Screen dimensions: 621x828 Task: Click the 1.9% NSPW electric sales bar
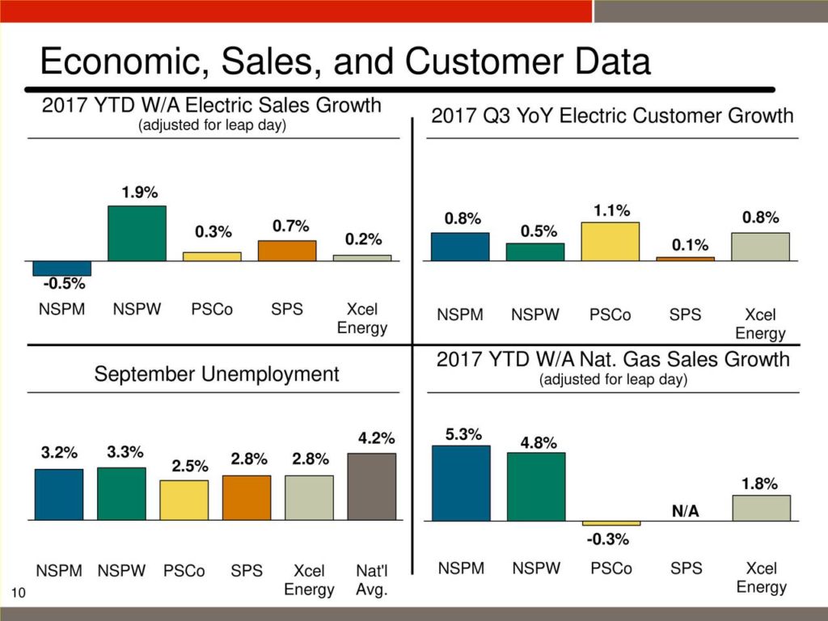[137, 233]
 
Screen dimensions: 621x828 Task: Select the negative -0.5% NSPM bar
[61, 268]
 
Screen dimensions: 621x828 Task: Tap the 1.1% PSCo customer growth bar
[610, 241]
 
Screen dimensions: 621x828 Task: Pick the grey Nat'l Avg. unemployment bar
[371, 486]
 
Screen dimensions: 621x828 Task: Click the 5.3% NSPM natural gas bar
[461, 483]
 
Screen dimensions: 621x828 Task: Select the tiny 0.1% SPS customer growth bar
[686, 259]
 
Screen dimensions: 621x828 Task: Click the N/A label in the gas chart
[686, 511]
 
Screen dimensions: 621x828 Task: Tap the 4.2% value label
[377, 439]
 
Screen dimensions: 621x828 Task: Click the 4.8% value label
[538, 442]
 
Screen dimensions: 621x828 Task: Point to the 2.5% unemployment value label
[189, 467]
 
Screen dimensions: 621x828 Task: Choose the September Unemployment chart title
[217, 374]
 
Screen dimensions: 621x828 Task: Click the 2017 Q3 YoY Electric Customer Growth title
[612, 116]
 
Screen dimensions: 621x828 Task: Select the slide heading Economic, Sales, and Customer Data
[345, 62]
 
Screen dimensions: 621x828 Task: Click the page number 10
[19, 594]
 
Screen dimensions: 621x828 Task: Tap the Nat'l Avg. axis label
[371, 580]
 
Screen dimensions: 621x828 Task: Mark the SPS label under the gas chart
[686, 568]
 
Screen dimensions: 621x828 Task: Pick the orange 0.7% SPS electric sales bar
[287, 251]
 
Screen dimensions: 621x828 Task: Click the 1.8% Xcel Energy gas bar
[761, 508]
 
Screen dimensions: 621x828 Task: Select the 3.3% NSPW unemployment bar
[121, 493]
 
